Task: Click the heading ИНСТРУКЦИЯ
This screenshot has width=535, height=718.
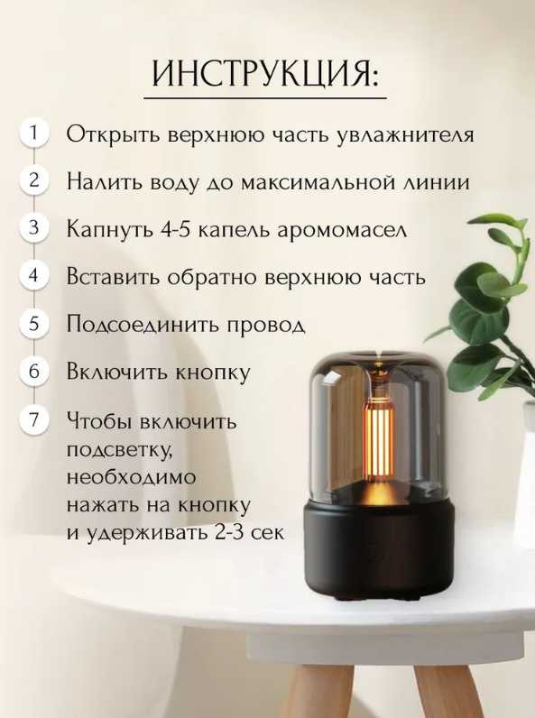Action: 265,73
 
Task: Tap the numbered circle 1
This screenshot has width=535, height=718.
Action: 33,133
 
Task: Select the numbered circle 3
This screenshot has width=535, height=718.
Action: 33,227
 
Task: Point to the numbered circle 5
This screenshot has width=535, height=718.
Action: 33,323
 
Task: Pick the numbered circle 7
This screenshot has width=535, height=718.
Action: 33,419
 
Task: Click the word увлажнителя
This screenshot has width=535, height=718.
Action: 405,135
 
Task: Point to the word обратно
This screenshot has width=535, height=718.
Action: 214,277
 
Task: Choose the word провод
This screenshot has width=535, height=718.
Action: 265,325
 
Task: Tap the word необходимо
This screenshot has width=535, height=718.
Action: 131,477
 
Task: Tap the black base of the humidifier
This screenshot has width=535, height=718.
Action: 378,549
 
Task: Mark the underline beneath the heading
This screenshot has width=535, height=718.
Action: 265,98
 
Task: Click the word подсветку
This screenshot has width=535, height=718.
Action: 120,450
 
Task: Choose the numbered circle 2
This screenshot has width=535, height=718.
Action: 33,180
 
